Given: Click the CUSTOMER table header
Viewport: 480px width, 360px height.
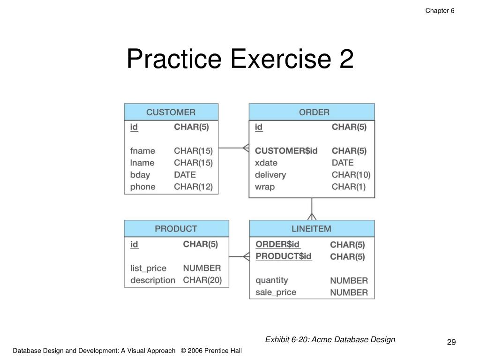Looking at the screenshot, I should pyautogui.click(x=171, y=112).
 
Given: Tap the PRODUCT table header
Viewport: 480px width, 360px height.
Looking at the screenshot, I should pyautogui.click(x=176, y=229).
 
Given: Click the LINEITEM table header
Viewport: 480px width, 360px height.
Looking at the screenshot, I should pyautogui.click(x=311, y=229).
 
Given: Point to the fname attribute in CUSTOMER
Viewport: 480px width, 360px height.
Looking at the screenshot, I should pyautogui.click(x=142, y=151).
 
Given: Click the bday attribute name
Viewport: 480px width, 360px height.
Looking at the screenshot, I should pyautogui.click(x=140, y=175).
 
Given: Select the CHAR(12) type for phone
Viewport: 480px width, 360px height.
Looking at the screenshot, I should pyautogui.click(x=193, y=187).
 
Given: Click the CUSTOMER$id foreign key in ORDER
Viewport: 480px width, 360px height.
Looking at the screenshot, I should pyautogui.click(x=286, y=151).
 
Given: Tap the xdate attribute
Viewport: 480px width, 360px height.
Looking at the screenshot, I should pyautogui.click(x=266, y=163).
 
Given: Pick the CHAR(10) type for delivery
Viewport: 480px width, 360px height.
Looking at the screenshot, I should pyautogui.click(x=351, y=175).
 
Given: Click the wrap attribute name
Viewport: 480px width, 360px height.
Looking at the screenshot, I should pyautogui.click(x=265, y=187).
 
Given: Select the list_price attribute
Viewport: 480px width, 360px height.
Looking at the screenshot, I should pyautogui.click(x=148, y=268).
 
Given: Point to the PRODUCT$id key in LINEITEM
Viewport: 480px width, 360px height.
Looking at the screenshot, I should pyautogui.click(x=284, y=256).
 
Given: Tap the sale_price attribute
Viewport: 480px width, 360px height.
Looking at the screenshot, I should pyautogui.click(x=276, y=292).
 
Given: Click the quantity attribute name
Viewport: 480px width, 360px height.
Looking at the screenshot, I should pyautogui.click(x=271, y=280).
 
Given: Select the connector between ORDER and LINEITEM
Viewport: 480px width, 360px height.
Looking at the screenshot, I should pyautogui.click(x=312, y=209).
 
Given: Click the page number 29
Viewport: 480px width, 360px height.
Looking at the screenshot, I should pyautogui.click(x=451, y=343).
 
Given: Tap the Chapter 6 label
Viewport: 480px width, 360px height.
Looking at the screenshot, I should pyautogui.click(x=440, y=11).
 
